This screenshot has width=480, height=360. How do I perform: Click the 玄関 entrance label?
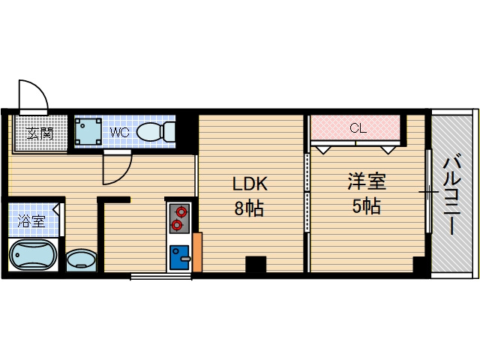[40, 134]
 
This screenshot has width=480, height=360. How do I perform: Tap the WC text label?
[120, 133]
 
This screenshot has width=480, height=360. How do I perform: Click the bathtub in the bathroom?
[34, 256]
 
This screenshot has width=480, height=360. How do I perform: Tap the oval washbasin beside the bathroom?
[80, 260]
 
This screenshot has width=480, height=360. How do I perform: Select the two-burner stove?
[178, 218]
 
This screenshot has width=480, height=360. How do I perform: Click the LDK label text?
[250, 184]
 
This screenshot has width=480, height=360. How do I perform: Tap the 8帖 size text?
[250, 208]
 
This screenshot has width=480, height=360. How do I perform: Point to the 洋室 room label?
[366, 181]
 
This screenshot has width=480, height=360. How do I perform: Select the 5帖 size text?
[366, 206]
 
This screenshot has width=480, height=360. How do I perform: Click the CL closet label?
[358, 128]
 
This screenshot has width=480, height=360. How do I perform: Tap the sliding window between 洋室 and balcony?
[428, 191]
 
